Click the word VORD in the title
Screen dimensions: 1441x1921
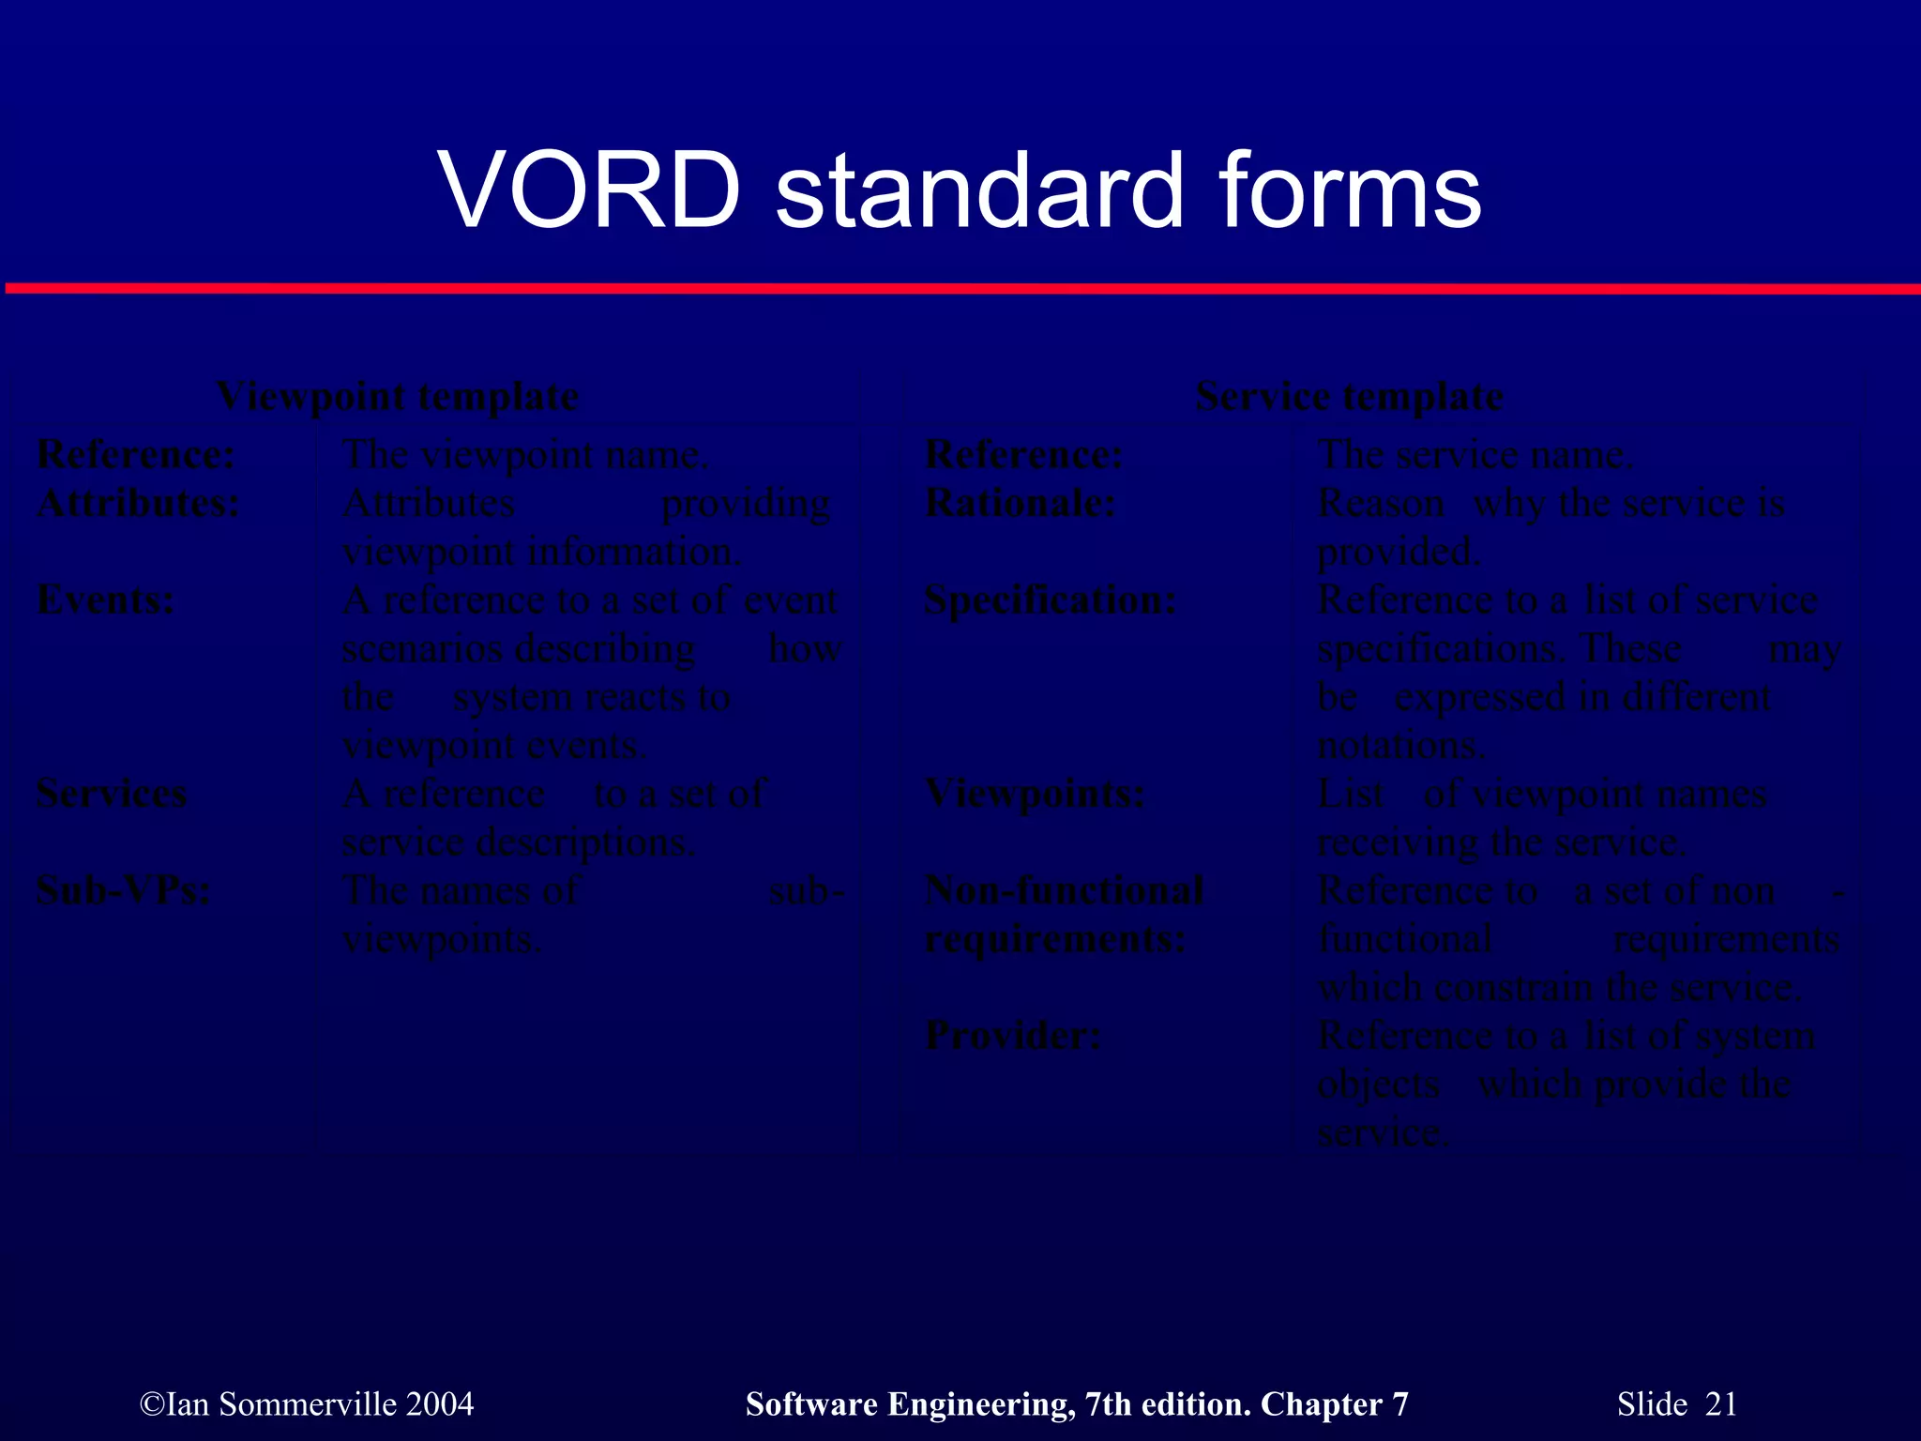coord(589,192)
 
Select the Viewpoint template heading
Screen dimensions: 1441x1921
coord(397,397)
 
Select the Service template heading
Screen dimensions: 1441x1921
coord(1349,397)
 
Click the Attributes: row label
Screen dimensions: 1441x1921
coord(138,504)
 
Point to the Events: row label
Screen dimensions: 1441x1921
coord(105,600)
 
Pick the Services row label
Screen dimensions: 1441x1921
coord(111,795)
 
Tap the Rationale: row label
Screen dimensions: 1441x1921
coord(1020,504)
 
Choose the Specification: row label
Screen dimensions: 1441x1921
coord(1050,600)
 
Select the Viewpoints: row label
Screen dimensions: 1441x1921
coord(1035,795)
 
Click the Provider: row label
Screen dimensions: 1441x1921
coord(1013,1037)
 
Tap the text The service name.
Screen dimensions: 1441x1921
coord(1475,456)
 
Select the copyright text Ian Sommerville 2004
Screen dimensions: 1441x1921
coord(307,1404)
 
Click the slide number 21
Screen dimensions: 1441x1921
coord(1720,1404)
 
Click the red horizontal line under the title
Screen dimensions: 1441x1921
coord(960,288)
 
